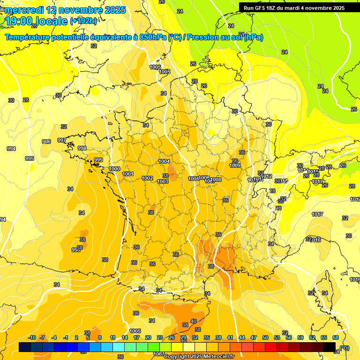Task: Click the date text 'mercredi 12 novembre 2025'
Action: [x=65, y=10]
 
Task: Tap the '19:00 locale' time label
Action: [x=36, y=21]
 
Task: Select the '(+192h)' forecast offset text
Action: [x=83, y=21]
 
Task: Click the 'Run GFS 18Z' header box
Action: [x=294, y=7]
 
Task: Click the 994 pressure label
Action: [x=11, y=149]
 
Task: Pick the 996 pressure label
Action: [x=46, y=142]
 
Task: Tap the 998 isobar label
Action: [x=82, y=148]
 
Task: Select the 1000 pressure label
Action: [x=114, y=169]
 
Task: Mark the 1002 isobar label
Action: [x=147, y=178]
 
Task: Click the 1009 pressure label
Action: [x=235, y=165]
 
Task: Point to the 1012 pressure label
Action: [x=267, y=176]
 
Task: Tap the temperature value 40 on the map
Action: [x=193, y=322]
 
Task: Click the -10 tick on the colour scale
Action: [x=32, y=337]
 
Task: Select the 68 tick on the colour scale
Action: [x=336, y=337]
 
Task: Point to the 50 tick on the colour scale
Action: [x=265, y=337]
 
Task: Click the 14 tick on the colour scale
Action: [x=125, y=337]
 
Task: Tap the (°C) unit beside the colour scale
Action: [x=345, y=347]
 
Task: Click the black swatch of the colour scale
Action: [x=330, y=347]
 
